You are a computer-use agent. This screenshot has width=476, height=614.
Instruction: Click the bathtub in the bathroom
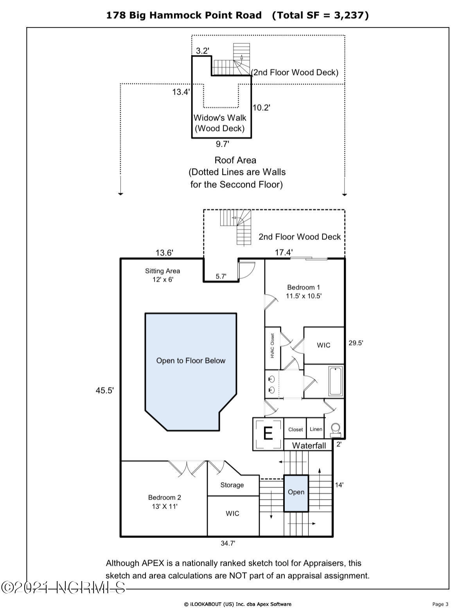point(336,381)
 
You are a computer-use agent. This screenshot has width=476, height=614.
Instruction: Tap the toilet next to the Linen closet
point(336,430)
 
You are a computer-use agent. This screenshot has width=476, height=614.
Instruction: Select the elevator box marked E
point(268,434)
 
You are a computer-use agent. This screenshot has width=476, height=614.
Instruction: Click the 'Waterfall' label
point(309,446)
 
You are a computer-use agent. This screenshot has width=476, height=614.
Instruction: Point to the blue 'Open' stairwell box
point(296,493)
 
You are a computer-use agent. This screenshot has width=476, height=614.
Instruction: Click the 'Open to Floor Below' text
point(191,361)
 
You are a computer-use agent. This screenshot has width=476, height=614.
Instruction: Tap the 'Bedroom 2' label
point(164,498)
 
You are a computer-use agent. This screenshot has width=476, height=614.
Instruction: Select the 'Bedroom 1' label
point(304,287)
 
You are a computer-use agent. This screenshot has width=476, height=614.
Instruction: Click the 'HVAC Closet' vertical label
point(272,345)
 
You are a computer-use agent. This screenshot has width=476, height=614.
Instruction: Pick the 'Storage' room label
point(232,485)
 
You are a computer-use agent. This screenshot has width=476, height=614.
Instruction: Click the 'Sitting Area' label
point(162,271)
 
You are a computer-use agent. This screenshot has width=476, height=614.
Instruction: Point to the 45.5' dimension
point(105,390)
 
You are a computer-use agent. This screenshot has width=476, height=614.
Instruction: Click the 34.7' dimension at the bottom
point(228,543)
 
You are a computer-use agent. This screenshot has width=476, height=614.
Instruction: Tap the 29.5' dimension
point(356,343)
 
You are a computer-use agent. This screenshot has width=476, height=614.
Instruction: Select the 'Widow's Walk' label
point(220,118)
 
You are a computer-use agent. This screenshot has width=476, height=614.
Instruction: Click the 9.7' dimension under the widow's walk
point(222,144)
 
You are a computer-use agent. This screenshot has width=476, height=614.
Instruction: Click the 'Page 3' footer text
point(440,604)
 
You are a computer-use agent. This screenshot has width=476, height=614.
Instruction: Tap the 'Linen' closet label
point(316,429)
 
